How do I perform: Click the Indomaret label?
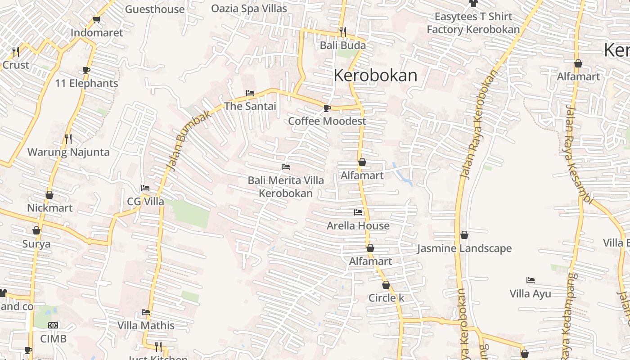97,33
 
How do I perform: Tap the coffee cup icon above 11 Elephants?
86,70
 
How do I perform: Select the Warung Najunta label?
68,152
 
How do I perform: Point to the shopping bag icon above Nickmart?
49,195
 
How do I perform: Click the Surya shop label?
36,244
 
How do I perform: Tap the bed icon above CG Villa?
145,188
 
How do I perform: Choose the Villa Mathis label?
146,325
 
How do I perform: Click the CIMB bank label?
53,338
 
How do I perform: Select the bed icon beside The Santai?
250,93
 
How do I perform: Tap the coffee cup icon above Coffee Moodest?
327,108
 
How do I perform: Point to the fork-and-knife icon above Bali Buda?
343,32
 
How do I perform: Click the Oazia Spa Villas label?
249,9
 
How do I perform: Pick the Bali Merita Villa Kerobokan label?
286,187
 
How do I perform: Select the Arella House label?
358,225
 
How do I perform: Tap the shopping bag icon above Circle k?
386,285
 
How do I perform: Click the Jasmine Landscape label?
464,248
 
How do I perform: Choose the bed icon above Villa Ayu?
531,280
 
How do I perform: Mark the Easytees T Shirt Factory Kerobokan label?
473,23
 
